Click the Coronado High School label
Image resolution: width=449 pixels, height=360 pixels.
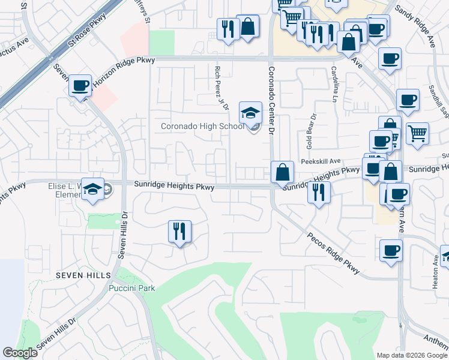tap(202, 127)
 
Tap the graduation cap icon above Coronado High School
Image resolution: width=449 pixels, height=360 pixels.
tap(250, 112)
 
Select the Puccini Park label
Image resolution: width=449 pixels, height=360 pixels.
tap(132, 288)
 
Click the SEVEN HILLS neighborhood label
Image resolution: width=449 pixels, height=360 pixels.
tap(83, 275)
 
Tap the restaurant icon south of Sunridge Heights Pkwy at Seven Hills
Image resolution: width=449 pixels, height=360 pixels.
tap(179, 231)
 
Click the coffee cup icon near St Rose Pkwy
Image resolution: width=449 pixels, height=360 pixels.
tap(80, 86)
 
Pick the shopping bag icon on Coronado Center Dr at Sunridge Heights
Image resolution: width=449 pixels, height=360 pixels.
tap(282, 172)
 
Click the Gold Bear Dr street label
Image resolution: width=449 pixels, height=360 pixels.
tap(310, 131)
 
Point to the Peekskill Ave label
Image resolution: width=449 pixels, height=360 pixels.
tap(321, 161)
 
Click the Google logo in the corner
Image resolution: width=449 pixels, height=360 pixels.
tap(20, 353)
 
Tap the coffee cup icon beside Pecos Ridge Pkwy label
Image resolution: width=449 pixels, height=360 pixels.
tap(391, 250)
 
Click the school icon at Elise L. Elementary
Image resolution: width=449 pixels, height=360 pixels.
tap(92, 189)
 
